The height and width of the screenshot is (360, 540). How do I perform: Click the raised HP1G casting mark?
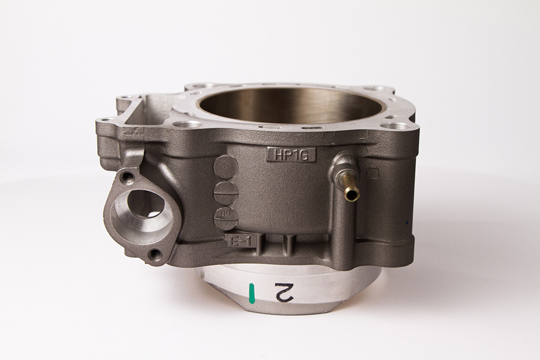[x=291, y=154]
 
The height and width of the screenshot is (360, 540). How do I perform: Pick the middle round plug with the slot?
[x=226, y=192]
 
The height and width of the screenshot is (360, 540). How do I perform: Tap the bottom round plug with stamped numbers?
[x=226, y=218]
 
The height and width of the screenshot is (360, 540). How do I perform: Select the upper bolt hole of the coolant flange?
[x=127, y=176]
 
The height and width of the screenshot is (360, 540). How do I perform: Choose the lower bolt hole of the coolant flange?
[x=155, y=254]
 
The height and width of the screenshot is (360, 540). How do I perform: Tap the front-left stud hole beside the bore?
[x=187, y=124]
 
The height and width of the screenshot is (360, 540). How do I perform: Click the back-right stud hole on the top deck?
[x=374, y=88]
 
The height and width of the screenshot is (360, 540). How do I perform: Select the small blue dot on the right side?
[x=409, y=222]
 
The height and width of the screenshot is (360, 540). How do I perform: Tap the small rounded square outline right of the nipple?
[x=373, y=173]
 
